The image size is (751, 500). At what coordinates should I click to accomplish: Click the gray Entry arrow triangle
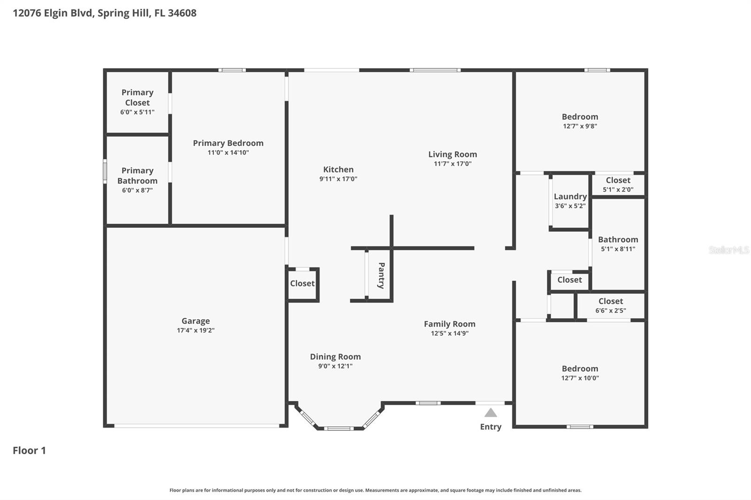coord(490,413)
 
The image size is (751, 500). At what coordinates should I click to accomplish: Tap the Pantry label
coord(381,275)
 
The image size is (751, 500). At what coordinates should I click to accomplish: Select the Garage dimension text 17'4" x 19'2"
coord(196,330)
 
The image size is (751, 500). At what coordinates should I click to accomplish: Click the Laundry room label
coord(570,197)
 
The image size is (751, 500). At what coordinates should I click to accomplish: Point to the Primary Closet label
coord(137,98)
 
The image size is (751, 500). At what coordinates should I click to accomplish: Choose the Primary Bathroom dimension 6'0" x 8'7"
coord(137,190)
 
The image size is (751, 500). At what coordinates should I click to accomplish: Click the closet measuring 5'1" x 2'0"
coord(618,184)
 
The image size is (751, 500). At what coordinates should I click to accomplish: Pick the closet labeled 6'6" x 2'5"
coord(610,305)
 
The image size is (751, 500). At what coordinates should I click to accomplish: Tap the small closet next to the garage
coord(302,283)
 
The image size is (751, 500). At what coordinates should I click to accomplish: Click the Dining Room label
coord(335,356)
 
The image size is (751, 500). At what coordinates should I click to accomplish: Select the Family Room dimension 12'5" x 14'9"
coord(450,333)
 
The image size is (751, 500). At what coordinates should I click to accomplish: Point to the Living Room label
coord(452,154)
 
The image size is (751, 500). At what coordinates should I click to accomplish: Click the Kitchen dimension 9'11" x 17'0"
coord(338,179)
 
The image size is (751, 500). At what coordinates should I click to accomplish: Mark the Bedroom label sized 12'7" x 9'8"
coord(580,117)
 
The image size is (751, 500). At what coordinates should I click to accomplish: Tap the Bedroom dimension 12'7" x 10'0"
coord(580,378)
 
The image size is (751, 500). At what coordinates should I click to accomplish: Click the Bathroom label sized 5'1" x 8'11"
coord(618,240)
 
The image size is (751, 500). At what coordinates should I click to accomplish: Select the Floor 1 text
coord(29,450)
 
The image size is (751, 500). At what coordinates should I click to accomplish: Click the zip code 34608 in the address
coord(182,13)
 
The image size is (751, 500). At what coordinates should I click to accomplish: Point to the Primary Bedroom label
coord(228,143)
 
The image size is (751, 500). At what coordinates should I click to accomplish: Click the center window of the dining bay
coord(338,428)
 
